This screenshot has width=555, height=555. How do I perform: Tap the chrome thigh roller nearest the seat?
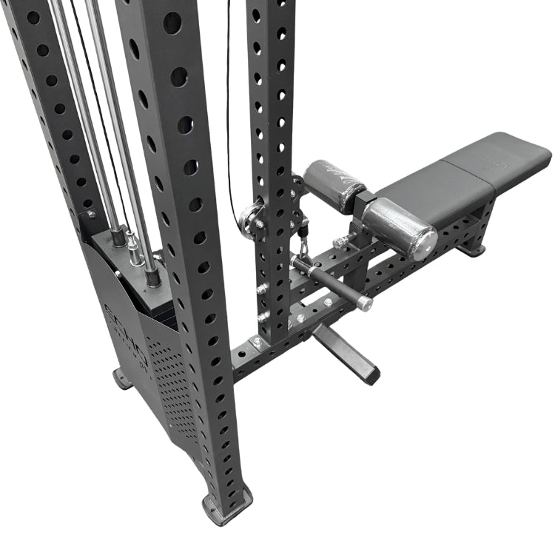pyautogui.click(x=400, y=226)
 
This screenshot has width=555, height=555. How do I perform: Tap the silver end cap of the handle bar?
pyautogui.click(x=364, y=303)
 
